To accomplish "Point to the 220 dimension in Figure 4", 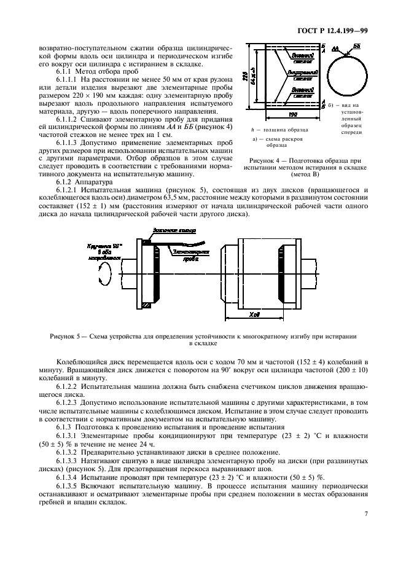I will point(245,77).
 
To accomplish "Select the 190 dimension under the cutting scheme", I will point(293,115).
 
